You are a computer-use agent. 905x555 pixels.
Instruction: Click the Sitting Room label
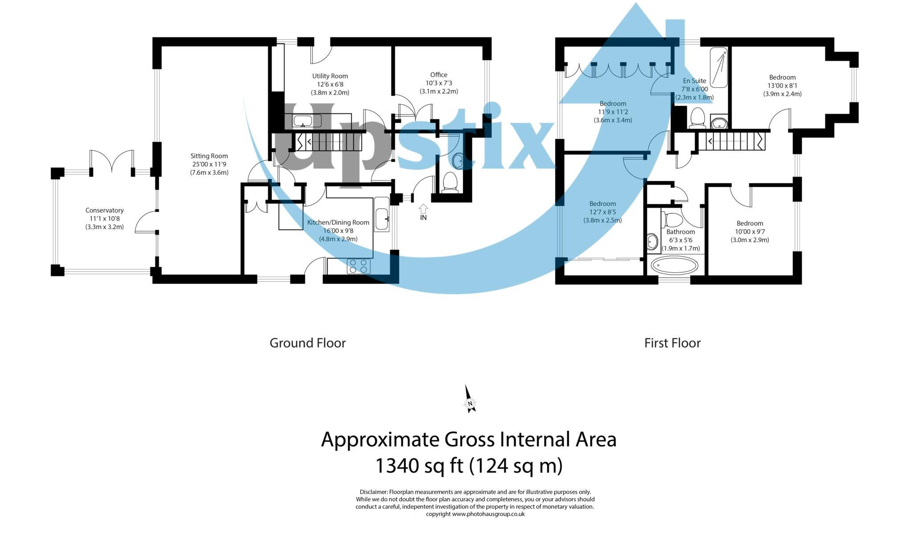pyautogui.click(x=209, y=156)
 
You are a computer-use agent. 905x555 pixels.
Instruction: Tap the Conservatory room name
pyautogui.click(x=104, y=211)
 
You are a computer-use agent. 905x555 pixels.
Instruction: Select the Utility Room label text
pyautogui.click(x=330, y=76)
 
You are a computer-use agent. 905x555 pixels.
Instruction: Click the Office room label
pyautogui.click(x=438, y=75)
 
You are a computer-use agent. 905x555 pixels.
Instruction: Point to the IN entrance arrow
pyautogui.click(x=423, y=209)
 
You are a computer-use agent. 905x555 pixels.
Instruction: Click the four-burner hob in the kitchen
pyautogui.click(x=359, y=266)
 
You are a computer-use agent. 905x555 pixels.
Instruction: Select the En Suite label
pyautogui.click(x=694, y=81)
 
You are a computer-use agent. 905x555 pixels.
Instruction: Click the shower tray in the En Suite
pyautogui.click(x=718, y=68)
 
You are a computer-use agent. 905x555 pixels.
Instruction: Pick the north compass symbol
pyautogui.click(x=469, y=400)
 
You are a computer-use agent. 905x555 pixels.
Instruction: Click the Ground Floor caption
pyautogui.click(x=307, y=343)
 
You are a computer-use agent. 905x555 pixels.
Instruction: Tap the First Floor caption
pyautogui.click(x=672, y=343)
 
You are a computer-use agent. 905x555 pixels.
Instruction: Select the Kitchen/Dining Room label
pyautogui.click(x=338, y=223)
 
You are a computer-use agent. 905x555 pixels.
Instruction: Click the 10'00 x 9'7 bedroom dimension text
pyautogui.click(x=750, y=232)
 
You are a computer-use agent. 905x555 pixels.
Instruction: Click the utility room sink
pyautogui.click(x=306, y=121)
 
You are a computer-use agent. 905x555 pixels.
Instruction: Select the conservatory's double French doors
pyautogui.click(x=111, y=161)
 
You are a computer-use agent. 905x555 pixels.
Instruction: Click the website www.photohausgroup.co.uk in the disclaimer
pyautogui.click(x=488, y=514)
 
